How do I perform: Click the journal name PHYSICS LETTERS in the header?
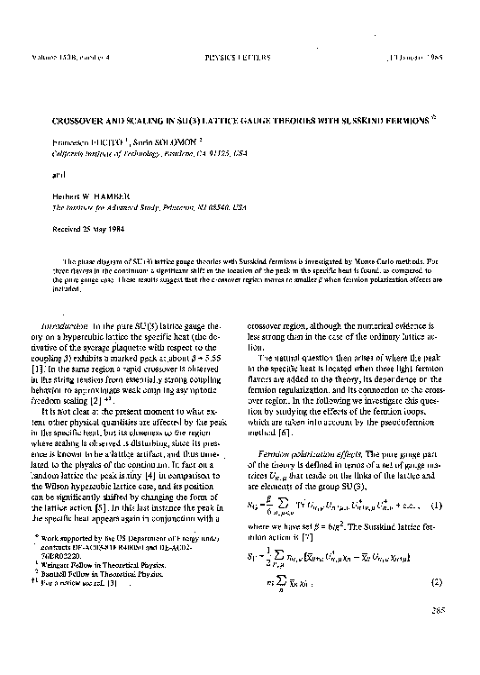tap(238, 57)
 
